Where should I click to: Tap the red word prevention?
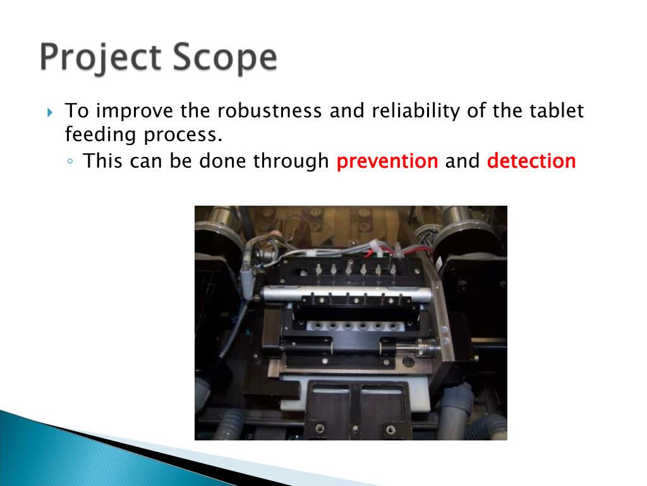pos(387,161)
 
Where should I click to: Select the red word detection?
pos(531,161)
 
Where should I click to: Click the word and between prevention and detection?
pos(463,161)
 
